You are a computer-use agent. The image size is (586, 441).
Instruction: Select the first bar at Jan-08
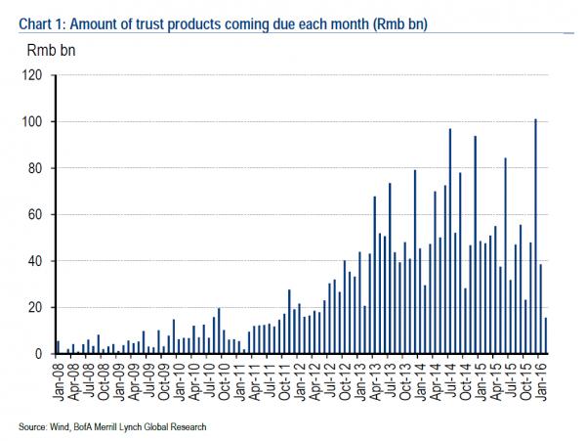tap(57, 347)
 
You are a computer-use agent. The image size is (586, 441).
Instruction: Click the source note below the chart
tap(111, 427)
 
